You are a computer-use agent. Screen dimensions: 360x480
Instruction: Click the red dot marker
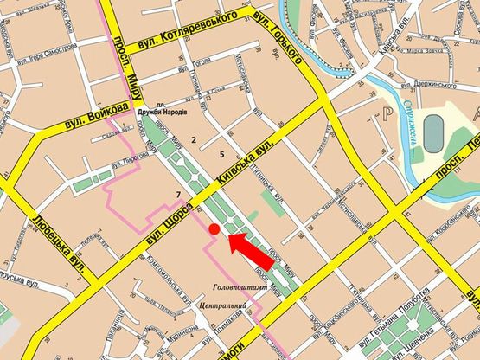click(x=213, y=228)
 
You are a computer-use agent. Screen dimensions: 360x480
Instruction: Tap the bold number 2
click(x=195, y=138)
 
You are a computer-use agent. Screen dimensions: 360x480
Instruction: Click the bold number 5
click(x=222, y=154)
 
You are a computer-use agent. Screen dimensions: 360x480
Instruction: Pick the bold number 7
click(x=177, y=192)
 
